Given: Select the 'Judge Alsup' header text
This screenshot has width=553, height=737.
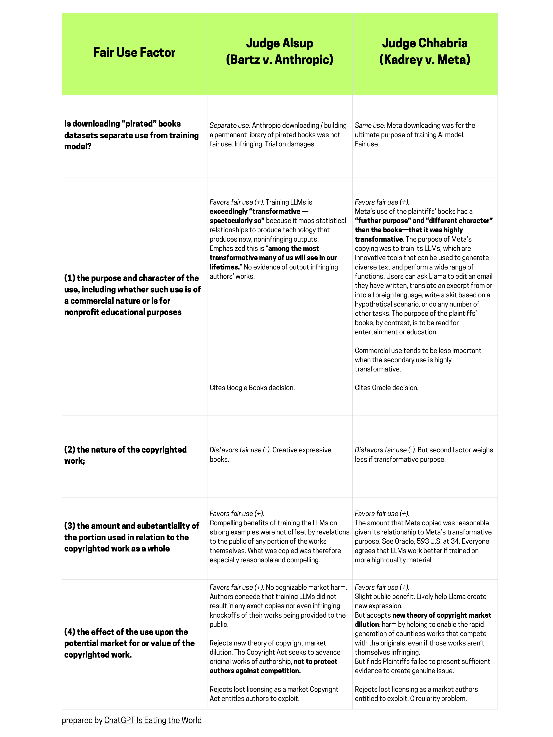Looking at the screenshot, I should tap(279, 43).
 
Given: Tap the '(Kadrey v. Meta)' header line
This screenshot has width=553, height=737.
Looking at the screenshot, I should tap(425, 60).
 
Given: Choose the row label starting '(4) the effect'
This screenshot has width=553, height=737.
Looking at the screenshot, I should tap(126, 632).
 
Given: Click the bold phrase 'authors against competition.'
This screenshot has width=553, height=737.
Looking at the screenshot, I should tap(255, 671).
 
